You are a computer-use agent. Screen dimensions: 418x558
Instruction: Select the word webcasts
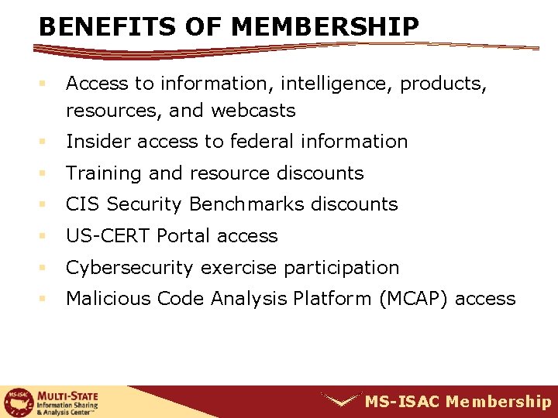pos(253,111)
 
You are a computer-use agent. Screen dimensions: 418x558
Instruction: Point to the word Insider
pos(94,142)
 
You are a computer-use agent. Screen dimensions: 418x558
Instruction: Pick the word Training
pos(98,173)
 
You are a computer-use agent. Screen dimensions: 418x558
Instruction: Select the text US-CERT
pos(108,236)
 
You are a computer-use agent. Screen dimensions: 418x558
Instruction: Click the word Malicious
pos(108,299)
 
